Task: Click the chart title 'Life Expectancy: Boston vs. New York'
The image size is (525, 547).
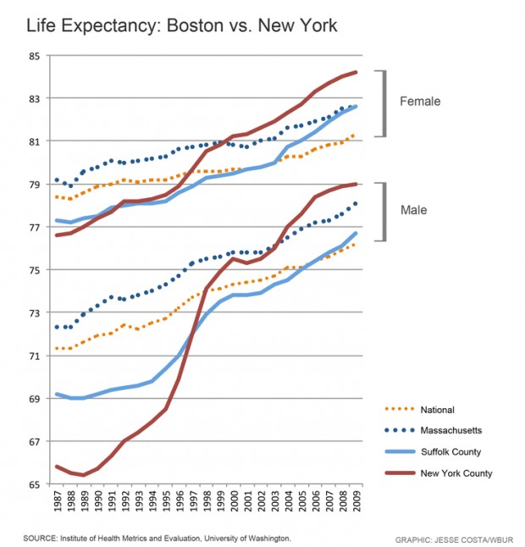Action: coord(181,26)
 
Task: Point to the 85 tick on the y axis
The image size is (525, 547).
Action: coord(34,57)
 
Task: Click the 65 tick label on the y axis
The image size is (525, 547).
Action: coord(34,484)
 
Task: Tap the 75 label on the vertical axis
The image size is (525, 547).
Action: coord(34,270)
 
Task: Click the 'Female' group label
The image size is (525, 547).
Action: coord(421,102)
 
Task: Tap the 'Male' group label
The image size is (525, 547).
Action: coord(414,210)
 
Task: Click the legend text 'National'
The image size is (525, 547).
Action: coord(438,410)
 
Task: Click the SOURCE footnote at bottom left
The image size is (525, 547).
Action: coord(157,538)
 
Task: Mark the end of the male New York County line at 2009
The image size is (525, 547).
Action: coord(356,184)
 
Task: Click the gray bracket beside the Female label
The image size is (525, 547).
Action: coord(385,102)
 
